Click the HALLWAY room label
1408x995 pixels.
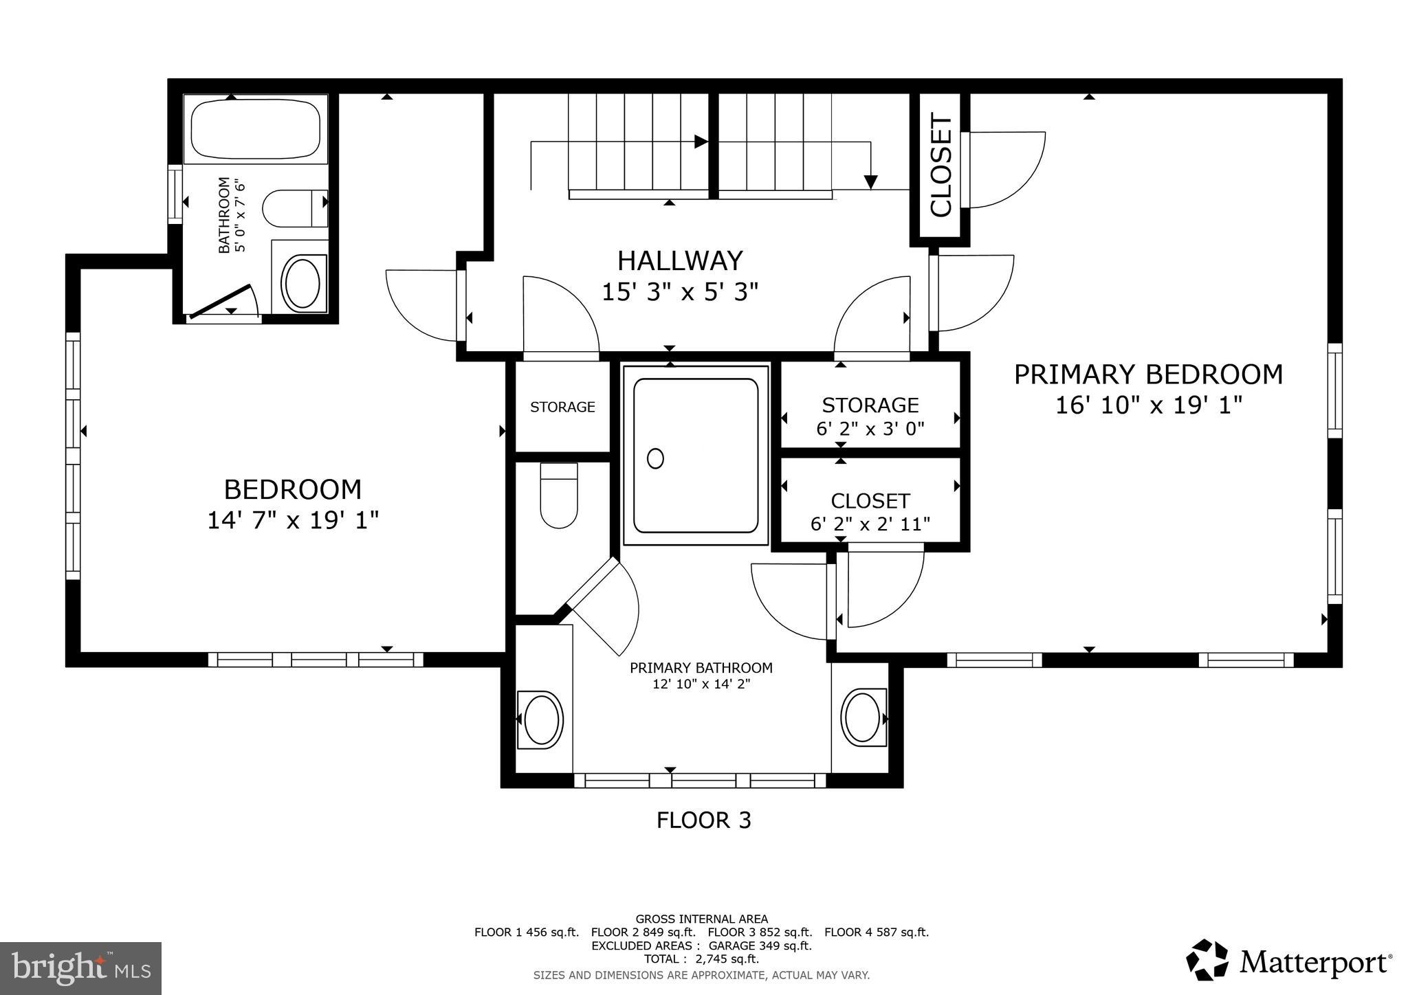click(680, 261)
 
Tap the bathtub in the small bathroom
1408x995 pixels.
click(255, 130)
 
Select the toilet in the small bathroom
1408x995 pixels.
click(294, 208)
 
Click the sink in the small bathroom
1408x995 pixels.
click(301, 282)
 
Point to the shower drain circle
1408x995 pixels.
click(655, 458)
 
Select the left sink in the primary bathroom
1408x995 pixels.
click(541, 719)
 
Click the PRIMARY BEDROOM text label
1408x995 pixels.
click(1148, 375)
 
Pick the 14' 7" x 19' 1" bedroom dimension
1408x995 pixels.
click(294, 520)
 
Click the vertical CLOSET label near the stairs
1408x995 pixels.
click(940, 166)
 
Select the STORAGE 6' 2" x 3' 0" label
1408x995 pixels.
click(870, 416)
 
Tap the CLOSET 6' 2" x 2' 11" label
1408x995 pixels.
click(870, 512)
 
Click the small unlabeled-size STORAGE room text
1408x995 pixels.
click(562, 407)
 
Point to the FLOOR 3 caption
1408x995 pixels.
click(703, 820)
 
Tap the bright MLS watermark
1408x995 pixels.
click(81, 968)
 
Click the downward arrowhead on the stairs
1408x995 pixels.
click(870, 182)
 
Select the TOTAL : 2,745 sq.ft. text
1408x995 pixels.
click(701, 959)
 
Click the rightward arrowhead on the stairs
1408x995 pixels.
click(701, 142)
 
